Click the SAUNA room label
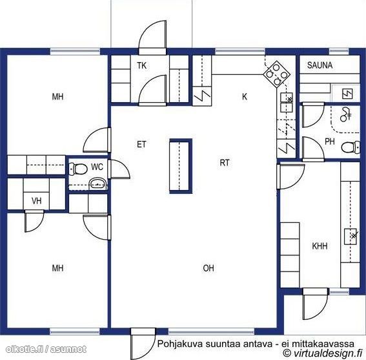320,65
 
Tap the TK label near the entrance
141,66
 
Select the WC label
97,167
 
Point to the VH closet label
37,201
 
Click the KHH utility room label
320,246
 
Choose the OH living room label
208,268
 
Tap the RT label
225,163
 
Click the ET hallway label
141,145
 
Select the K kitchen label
245,96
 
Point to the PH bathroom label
330,142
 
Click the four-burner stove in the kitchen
277,74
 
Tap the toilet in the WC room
78,169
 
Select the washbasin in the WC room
98,184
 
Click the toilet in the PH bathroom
351,147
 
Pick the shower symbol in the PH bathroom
345,114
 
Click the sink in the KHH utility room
351,237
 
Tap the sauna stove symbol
347,94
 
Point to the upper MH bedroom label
57,96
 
